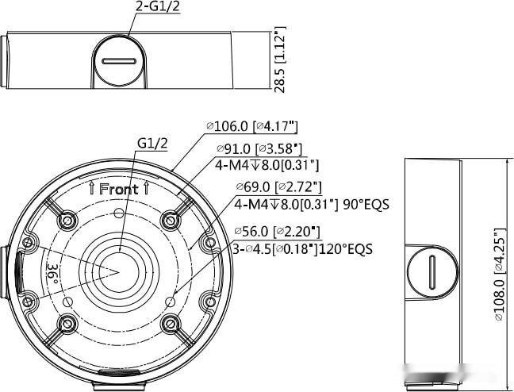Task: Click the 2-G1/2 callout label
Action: [158, 6]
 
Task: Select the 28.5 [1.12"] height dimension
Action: [280, 60]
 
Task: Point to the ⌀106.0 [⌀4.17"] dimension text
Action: [252, 126]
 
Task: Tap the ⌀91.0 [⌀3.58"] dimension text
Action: [259, 149]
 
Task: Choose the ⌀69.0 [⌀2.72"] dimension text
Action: [278, 187]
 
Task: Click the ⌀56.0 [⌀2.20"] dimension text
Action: [277, 231]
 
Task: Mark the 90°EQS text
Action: [366, 205]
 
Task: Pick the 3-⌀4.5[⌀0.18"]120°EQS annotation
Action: [302, 249]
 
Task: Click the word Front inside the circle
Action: [119, 190]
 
